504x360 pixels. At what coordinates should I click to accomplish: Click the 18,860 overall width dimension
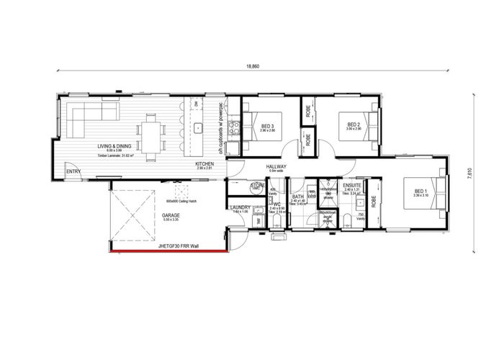[x=252, y=66]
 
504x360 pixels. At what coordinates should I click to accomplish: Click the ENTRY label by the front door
[x=73, y=171]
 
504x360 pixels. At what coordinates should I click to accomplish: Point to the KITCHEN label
[x=205, y=164]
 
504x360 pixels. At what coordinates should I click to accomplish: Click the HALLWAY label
[x=276, y=167]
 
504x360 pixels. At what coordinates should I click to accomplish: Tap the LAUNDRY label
[x=240, y=207]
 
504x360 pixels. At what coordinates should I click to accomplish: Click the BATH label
[x=297, y=197]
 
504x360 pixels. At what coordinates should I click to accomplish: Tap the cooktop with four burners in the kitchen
[x=234, y=128]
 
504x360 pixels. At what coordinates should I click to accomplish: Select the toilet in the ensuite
[x=346, y=220]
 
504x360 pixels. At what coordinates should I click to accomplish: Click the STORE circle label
[x=258, y=186]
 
